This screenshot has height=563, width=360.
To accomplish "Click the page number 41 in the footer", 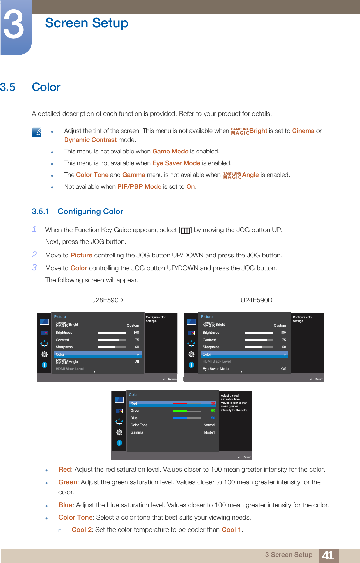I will coord(328,555).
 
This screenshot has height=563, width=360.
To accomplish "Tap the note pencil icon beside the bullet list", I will coord(37,132).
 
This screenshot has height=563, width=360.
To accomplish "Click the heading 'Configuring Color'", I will coord(90,212).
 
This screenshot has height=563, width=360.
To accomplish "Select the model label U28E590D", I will coord(107,300).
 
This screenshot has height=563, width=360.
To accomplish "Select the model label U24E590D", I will coord(256,300).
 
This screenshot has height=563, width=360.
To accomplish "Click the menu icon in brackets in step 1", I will coord(185,230).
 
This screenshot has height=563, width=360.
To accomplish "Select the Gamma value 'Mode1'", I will coord(209,432).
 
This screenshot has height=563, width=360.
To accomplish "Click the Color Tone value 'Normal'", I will coord(209,425).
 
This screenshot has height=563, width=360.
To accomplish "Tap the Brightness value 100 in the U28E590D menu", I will coord(136,333).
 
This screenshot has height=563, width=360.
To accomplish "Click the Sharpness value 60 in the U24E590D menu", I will coord(284,347).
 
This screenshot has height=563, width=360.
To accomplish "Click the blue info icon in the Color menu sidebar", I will coord(119,443).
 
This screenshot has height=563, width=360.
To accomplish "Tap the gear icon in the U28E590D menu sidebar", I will coord(44,354).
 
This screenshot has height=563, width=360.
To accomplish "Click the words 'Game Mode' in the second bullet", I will coord(170,152).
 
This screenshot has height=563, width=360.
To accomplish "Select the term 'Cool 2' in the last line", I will coord(82,530).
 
